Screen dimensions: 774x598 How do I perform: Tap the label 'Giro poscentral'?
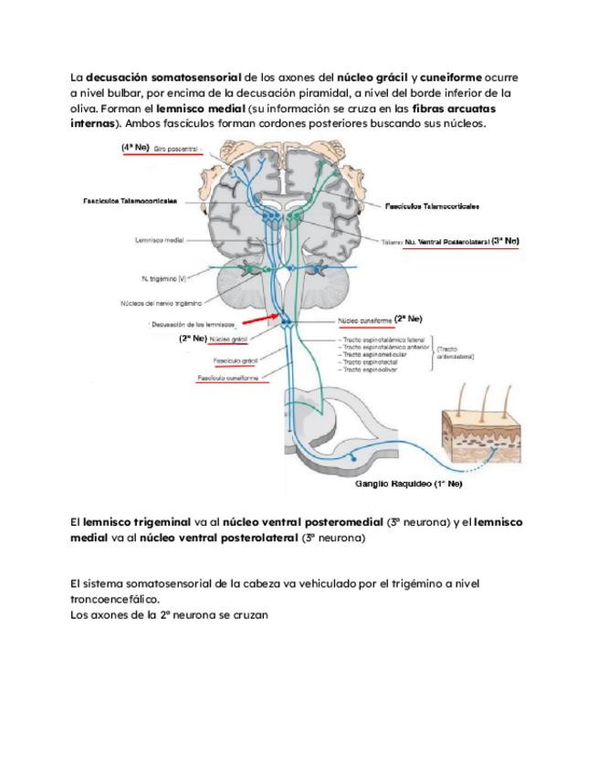coord(176,148)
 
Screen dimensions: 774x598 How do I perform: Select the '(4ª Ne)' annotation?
coord(135,147)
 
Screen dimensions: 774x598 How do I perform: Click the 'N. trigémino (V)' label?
coord(164,277)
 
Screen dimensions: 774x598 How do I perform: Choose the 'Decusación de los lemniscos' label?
coord(193,324)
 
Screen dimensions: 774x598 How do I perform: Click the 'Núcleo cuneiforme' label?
coord(365,320)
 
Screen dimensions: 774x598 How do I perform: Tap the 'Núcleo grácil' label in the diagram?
coord(228,339)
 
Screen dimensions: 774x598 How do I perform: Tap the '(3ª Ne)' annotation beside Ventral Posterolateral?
coord(505,241)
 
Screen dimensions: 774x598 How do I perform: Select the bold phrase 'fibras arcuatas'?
coord(475,107)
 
